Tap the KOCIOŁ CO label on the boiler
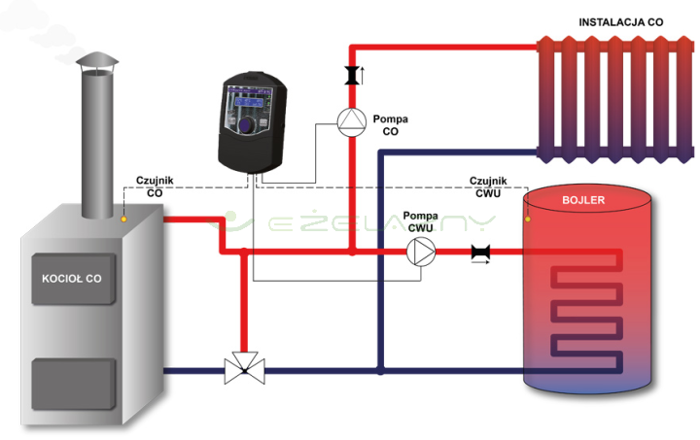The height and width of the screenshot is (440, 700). point(71,278)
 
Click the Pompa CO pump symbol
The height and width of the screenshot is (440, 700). point(350,119)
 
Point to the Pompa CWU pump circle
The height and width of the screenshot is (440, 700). point(421,251)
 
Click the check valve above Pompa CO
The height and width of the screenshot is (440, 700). point(351,75)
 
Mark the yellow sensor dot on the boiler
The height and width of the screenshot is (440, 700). point(123,219)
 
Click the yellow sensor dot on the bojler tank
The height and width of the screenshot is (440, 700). point(528,219)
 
